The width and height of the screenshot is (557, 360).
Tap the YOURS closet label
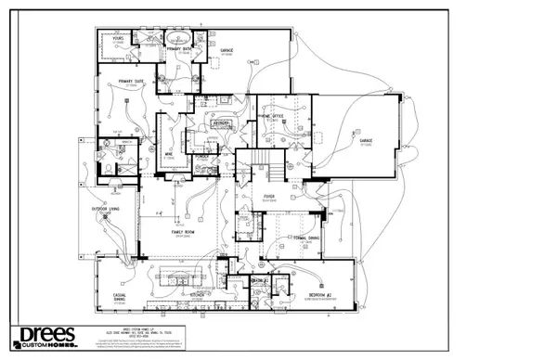[118, 39]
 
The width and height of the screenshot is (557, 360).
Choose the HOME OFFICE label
[271, 117]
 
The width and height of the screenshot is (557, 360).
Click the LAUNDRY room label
[221, 122]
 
